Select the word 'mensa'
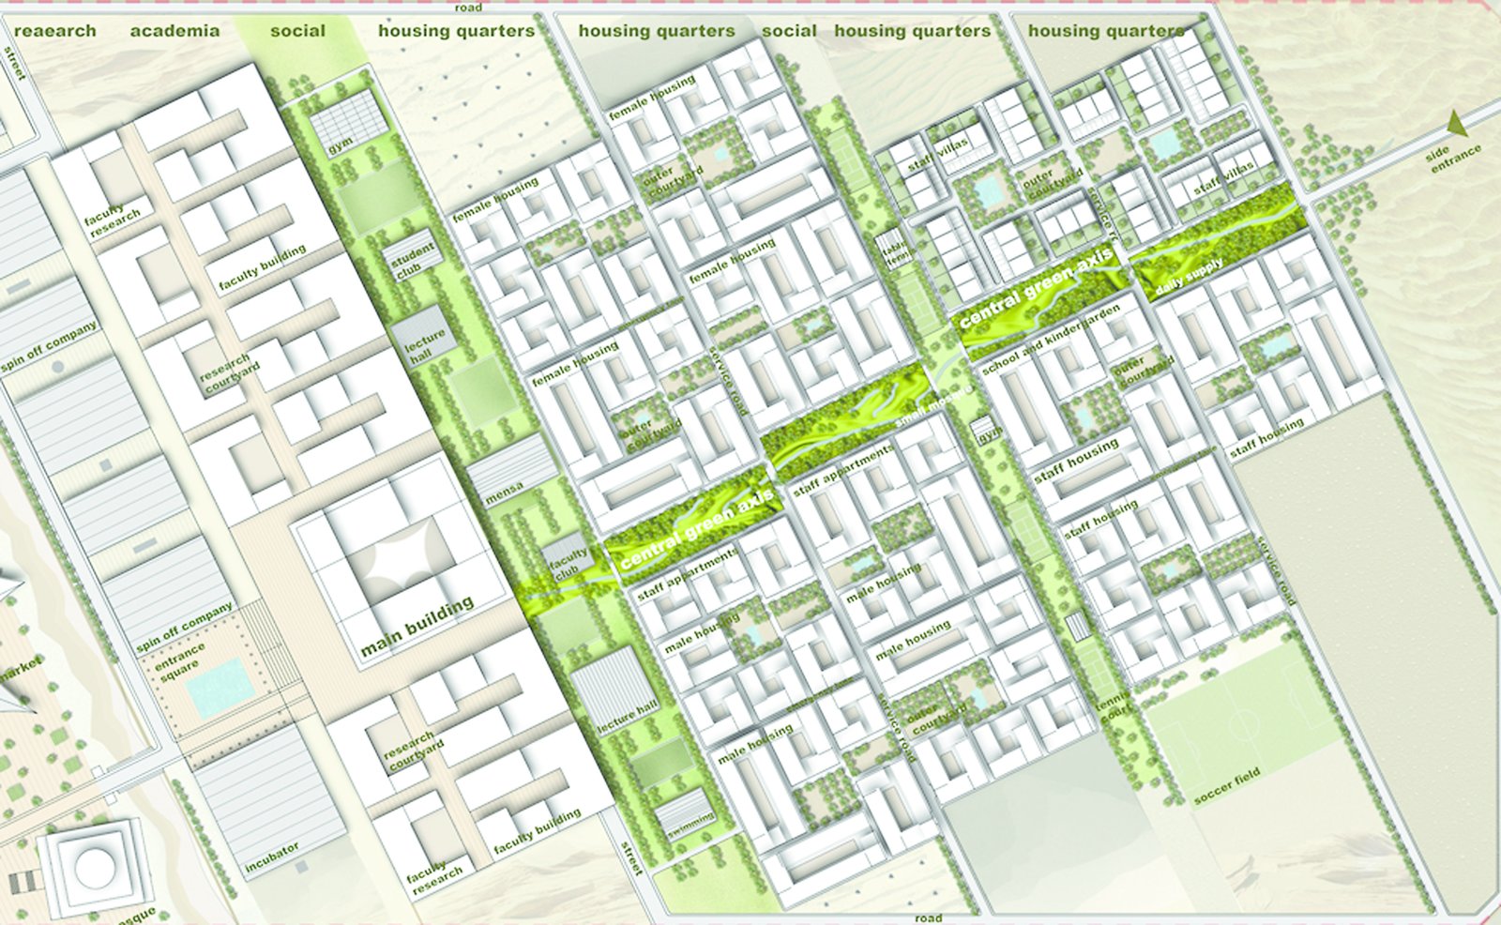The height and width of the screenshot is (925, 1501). (505, 493)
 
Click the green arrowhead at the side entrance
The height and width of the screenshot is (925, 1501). (1457, 123)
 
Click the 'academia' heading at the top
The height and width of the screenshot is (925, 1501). (174, 31)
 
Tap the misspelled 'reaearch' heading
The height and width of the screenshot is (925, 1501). (55, 31)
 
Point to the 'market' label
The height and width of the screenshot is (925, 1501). (21, 672)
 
